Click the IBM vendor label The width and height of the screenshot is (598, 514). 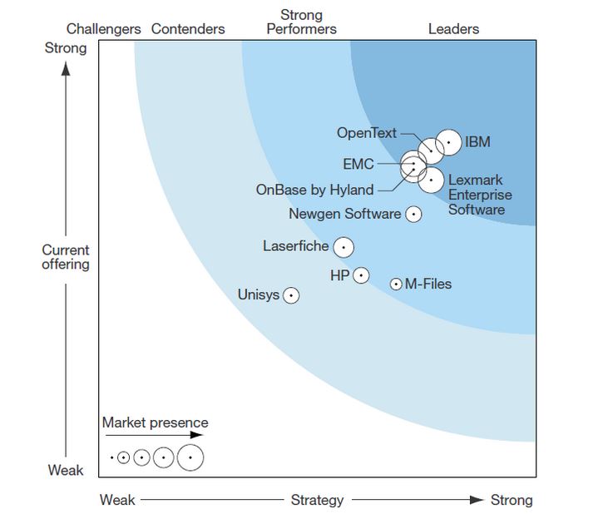click(477, 142)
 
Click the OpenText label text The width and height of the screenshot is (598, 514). click(367, 133)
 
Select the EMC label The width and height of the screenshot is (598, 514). click(358, 164)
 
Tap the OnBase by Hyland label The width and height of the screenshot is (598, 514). click(314, 190)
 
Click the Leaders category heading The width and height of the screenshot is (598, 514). click(453, 29)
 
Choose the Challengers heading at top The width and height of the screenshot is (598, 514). click(103, 29)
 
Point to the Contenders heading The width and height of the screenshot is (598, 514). click(188, 29)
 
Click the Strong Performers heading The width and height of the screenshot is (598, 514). click(301, 22)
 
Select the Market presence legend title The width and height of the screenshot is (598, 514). click(156, 423)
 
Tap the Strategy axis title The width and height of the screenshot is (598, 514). click(317, 500)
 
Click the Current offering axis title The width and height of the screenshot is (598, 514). click(66, 257)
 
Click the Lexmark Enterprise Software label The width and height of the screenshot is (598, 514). click(480, 195)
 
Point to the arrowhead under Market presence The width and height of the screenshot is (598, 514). click(196, 435)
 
